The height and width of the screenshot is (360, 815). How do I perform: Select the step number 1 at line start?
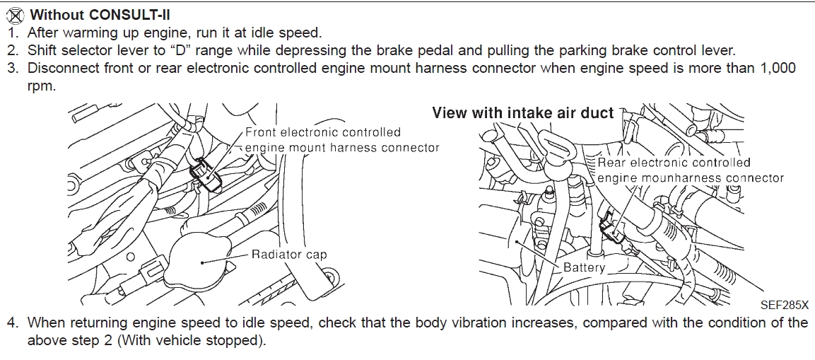click(12, 33)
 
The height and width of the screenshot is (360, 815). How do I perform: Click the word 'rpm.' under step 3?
click(41, 86)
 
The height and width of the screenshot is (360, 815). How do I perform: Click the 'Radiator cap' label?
click(289, 255)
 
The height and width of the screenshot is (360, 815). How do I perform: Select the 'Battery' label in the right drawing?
click(585, 267)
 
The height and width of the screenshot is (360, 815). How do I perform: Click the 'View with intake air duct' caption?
click(522, 113)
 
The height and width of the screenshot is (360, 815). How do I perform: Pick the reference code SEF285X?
click(784, 306)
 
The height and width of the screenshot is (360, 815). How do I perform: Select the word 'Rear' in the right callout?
click(612, 163)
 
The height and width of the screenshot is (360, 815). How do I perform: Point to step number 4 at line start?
click(12, 323)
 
